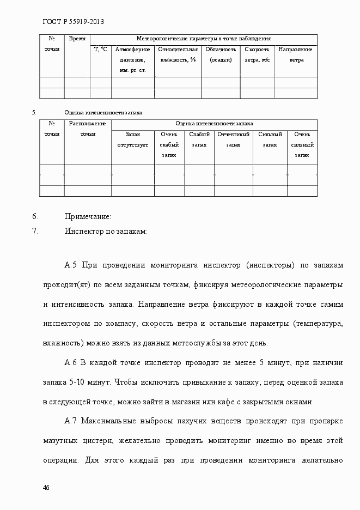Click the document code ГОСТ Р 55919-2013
click(73, 22)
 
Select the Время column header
click(77, 39)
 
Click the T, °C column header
click(101, 50)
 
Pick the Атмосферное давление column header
click(132, 59)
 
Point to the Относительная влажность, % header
click(178, 54)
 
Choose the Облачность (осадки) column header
click(221, 54)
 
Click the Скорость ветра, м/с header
click(257, 54)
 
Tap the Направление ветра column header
click(296, 54)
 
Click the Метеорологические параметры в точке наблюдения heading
click(203, 39)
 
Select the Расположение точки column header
click(87, 129)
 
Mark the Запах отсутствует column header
click(132, 139)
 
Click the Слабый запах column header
click(199, 139)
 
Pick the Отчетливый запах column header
click(233, 139)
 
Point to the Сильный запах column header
click(270, 139)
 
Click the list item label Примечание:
click(88, 217)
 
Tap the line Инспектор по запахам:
click(106, 231)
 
